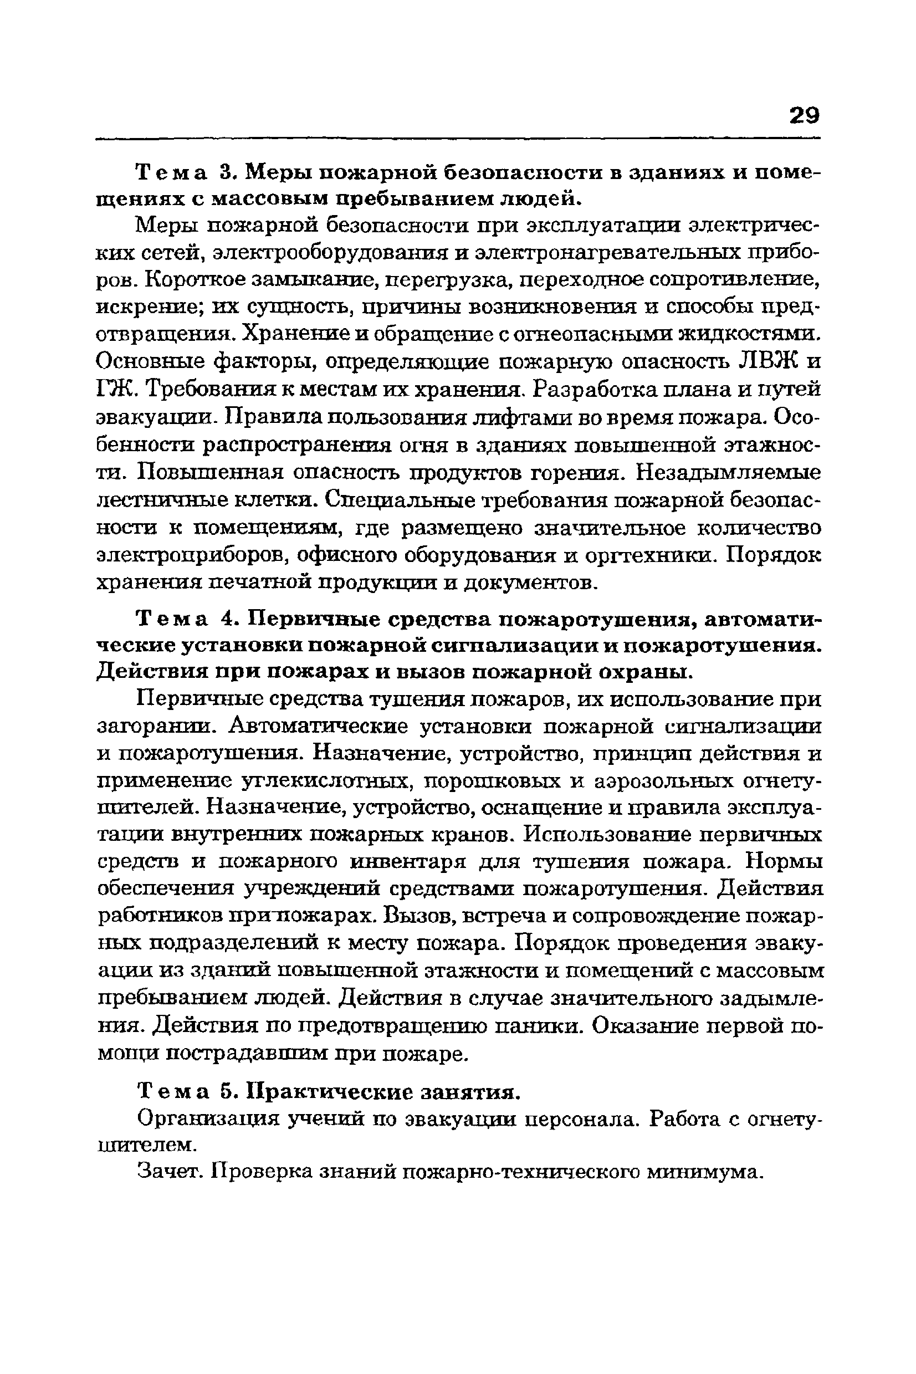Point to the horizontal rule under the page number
[x=457, y=139]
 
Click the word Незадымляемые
[x=728, y=472]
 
